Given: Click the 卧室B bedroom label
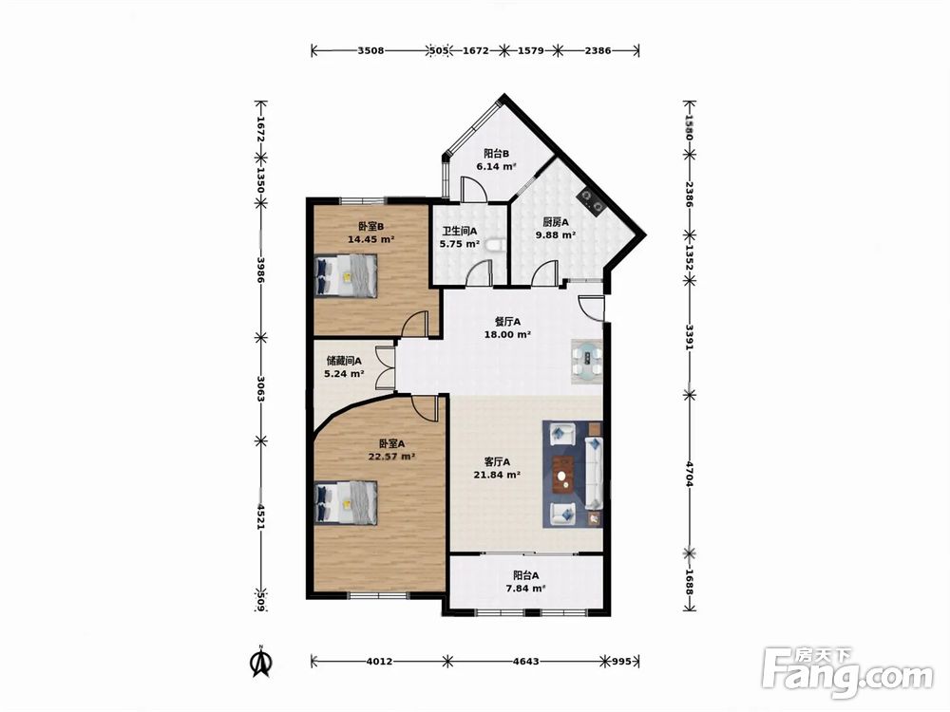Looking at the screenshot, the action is (x=370, y=227).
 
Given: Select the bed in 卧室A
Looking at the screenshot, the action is (x=346, y=502).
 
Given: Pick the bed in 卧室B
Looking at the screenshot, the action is (x=346, y=275).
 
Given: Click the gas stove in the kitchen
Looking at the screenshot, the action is (x=591, y=201).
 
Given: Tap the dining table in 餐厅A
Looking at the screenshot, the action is (x=587, y=361).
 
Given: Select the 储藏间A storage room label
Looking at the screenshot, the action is (x=344, y=361).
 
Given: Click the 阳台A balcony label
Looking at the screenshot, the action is (x=526, y=575).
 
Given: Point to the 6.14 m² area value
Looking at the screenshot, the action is (x=496, y=166).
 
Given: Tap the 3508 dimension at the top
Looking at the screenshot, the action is (x=370, y=51).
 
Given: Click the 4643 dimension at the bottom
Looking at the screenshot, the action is (x=526, y=661).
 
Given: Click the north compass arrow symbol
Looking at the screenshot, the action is (x=261, y=662).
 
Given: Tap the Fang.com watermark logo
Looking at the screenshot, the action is (x=847, y=673).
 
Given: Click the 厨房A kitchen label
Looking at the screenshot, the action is (x=556, y=222).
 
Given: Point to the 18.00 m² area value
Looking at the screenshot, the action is (x=507, y=334).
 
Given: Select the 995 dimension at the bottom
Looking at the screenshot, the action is (x=622, y=661).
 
